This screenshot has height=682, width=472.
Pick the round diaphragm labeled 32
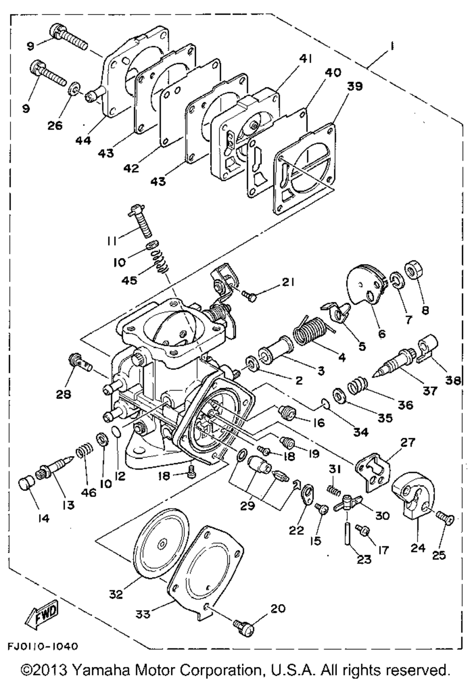[x=161, y=542]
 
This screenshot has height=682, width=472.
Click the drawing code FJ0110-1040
[x=42, y=645]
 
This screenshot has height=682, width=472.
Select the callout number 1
[x=393, y=46]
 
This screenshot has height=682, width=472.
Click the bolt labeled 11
[x=141, y=221]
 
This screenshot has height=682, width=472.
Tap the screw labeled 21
[x=249, y=296]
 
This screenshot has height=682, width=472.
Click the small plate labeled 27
[x=373, y=467]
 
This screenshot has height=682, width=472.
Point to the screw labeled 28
[x=78, y=363]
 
